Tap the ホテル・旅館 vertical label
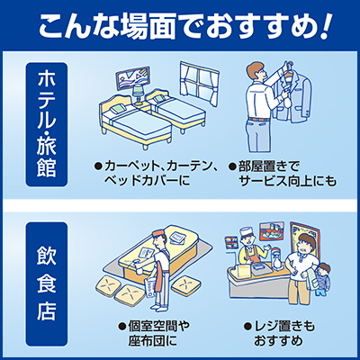[47, 124]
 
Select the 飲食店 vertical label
[47, 284]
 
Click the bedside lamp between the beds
[138, 93]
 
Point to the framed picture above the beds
[133, 77]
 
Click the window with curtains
[200, 83]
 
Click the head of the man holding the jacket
[256, 71]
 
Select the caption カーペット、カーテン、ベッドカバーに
[156, 174]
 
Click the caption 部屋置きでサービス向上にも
[282, 174]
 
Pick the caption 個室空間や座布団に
[154, 333]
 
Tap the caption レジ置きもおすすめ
[279, 333]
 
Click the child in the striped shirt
[322, 280]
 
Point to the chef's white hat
[247, 231]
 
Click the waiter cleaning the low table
[156, 270]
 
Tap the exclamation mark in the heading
[325, 26]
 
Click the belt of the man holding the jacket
[258, 120]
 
